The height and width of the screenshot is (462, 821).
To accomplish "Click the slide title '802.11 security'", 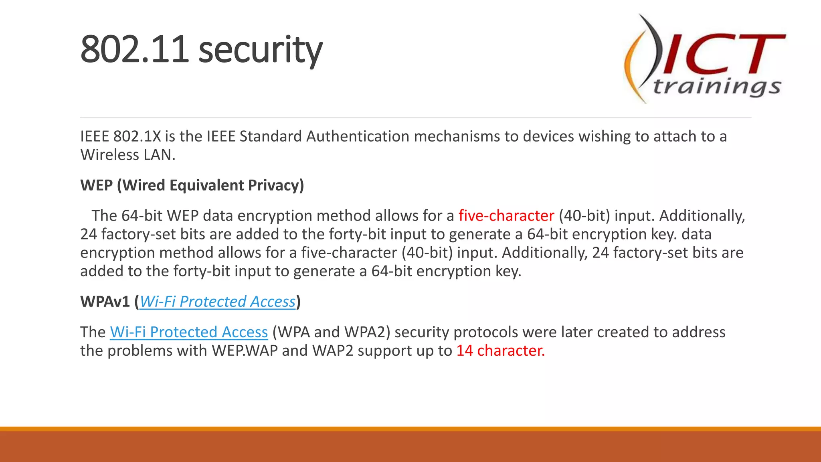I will [201, 50].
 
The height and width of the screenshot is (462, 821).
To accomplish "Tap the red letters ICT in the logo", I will [722, 54].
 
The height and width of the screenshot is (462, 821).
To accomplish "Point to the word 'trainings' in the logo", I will [717, 87].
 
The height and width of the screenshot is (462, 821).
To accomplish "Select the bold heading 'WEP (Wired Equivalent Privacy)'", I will [192, 185].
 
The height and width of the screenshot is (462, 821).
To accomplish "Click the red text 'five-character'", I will [506, 216].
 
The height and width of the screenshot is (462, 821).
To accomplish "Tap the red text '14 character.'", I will [500, 351].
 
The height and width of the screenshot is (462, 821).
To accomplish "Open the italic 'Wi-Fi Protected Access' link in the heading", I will [217, 302].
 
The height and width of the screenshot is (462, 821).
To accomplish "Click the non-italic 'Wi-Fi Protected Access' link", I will [189, 332].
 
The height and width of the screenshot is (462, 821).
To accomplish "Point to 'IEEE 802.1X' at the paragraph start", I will [120, 136].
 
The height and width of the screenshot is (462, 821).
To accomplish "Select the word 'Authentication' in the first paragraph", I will [358, 136].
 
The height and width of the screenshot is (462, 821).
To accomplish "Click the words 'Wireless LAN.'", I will [128, 155].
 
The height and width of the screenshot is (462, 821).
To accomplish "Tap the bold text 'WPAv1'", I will [105, 302].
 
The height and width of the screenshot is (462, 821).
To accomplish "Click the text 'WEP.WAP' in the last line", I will [245, 351].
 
